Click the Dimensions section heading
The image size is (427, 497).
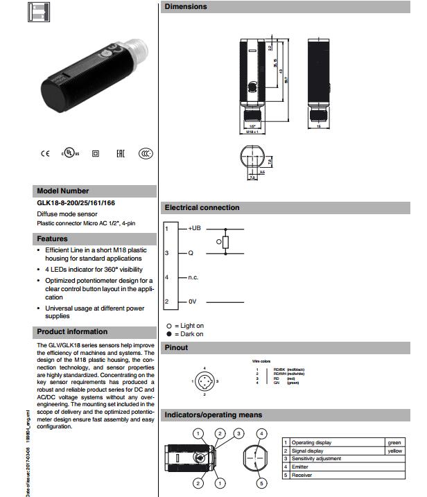(185, 7)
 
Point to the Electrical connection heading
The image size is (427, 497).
(202, 207)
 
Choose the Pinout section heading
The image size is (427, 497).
(180, 347)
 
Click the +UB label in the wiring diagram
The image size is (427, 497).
(194, 228)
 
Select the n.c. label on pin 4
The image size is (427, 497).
(193, 277)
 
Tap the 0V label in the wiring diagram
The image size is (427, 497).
(193, 302)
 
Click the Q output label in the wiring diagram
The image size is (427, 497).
(191, 253)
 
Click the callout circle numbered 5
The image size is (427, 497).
(261, 483)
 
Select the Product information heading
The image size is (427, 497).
(72, 331)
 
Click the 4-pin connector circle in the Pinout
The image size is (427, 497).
(205, 381)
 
